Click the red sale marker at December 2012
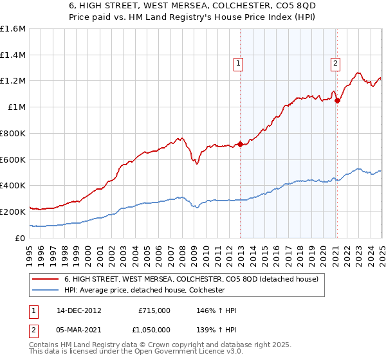point(241,144)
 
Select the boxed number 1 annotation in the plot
point(239,63)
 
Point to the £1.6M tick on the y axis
point(12,29)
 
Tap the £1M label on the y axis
point(17,107)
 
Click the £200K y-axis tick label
point(12,212)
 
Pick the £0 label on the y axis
point(21,238)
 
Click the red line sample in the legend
point(45,279)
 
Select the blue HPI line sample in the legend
point(45,291)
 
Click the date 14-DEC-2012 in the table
point(78,310)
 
